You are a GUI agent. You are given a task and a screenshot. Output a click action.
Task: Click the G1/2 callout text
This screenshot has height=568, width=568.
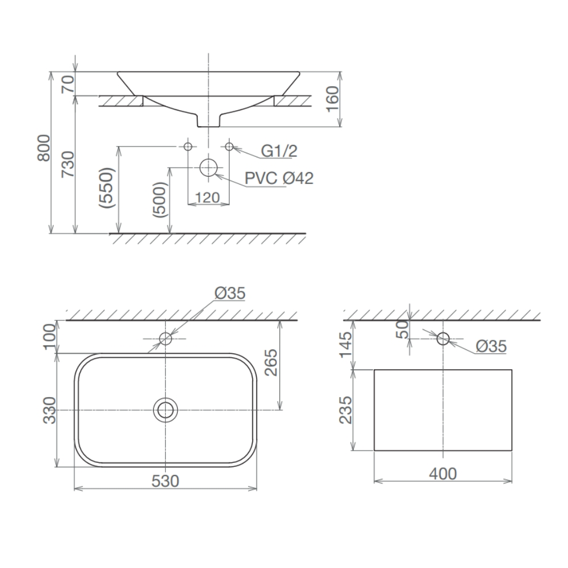(x=279, y=151)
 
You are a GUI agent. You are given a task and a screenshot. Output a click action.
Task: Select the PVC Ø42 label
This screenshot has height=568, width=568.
(x=279, y=178)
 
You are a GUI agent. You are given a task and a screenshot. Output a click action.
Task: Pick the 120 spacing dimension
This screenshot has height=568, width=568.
(x=208, y=197)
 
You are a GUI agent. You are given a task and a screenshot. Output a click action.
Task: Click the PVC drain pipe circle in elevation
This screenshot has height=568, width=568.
(x=208, y=168)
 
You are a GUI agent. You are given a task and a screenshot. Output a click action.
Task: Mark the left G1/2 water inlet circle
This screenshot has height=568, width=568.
(x=188, y=147)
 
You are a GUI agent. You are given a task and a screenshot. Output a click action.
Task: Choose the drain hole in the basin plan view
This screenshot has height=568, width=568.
(x=165, y=410)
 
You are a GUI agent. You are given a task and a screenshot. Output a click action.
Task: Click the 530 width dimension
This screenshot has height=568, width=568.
(x=165, y=481)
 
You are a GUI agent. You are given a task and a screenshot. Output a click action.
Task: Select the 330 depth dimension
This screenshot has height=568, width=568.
(x=50, y=410)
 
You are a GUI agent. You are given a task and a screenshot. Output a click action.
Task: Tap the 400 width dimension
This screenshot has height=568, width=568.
(x=443, y=473)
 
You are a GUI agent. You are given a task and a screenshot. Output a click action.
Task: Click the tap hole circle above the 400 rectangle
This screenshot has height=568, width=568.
(x=442, y=339)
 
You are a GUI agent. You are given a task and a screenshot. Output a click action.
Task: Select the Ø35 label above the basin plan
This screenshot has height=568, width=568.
(x=231, y=293)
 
